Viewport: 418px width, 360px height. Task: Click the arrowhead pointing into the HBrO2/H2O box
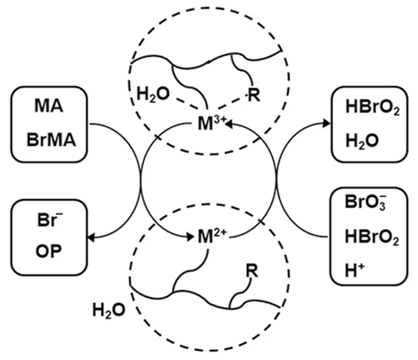click(x=318, y=122)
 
